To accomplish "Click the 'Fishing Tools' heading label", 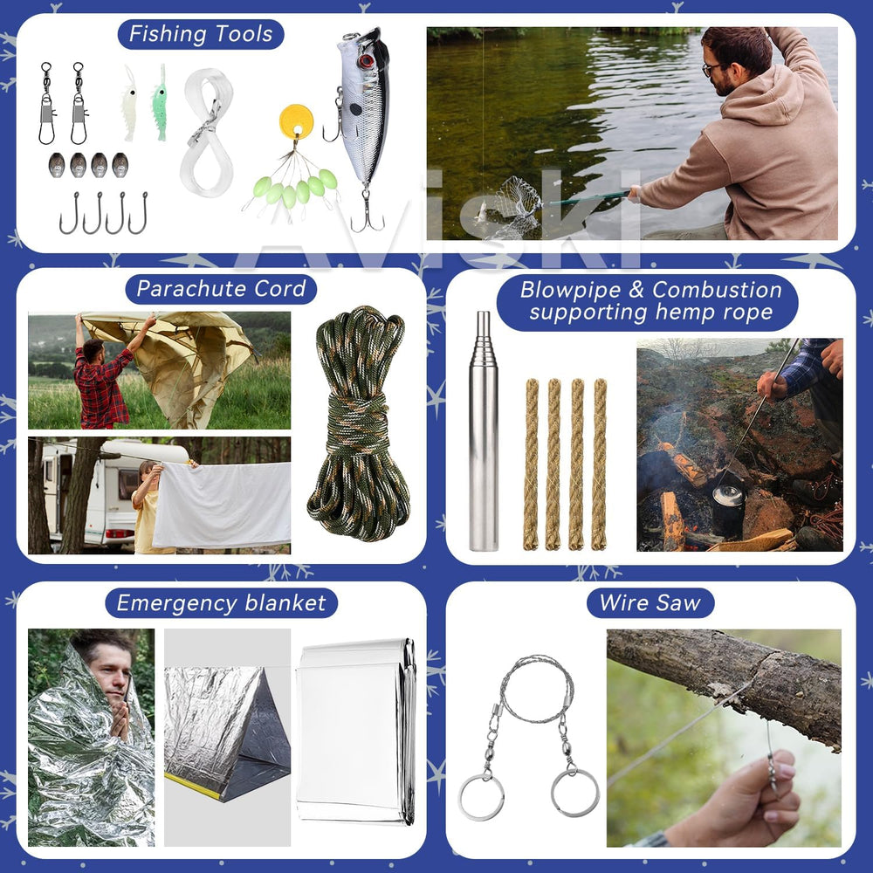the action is (x=201, y=34).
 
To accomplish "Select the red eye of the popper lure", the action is (x=365, y=61).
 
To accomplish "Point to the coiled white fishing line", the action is (x=207, y=133).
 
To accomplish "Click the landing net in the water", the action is (x=515, y=205).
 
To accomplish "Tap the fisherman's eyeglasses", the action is (x=710, y=69).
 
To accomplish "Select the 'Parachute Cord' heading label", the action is (x=221, y=289).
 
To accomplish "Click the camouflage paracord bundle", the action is (x=359, y=423).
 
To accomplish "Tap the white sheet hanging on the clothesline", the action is (x=222, y=505).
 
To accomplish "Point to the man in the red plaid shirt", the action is (x=100, y=379).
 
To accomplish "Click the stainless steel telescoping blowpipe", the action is (x=484, y=431).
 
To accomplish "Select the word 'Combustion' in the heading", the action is (x=717, y=290).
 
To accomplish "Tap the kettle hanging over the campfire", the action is (x=729, y=497).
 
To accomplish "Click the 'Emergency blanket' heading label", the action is (x=221, y=603).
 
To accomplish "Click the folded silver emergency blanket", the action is (x=356, y=731).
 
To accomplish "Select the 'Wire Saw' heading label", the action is (x=650, y=603).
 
